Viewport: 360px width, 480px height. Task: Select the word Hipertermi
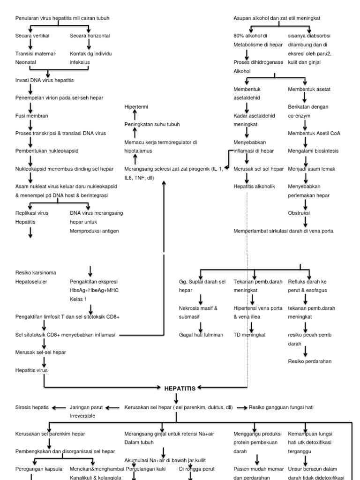[136, 107]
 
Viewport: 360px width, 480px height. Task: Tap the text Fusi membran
[32, 115]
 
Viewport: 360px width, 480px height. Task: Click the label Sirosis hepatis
[32, 407]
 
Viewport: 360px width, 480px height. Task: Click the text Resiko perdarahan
[309, 361]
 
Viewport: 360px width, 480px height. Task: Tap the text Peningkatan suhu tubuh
[152, 124]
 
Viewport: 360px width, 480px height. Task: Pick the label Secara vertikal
[32, 36]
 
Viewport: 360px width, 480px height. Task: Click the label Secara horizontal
[90, 36]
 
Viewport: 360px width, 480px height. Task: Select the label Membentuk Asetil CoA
[314, 133]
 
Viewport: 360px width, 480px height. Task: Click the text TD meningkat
[249, 335]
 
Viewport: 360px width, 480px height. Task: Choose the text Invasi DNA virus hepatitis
[45, 80]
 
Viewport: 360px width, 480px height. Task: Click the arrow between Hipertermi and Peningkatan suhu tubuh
[135, 116]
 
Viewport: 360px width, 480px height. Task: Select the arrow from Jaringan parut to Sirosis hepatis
[59, 407]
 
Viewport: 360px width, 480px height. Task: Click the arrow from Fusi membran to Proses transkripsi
[30, 125]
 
